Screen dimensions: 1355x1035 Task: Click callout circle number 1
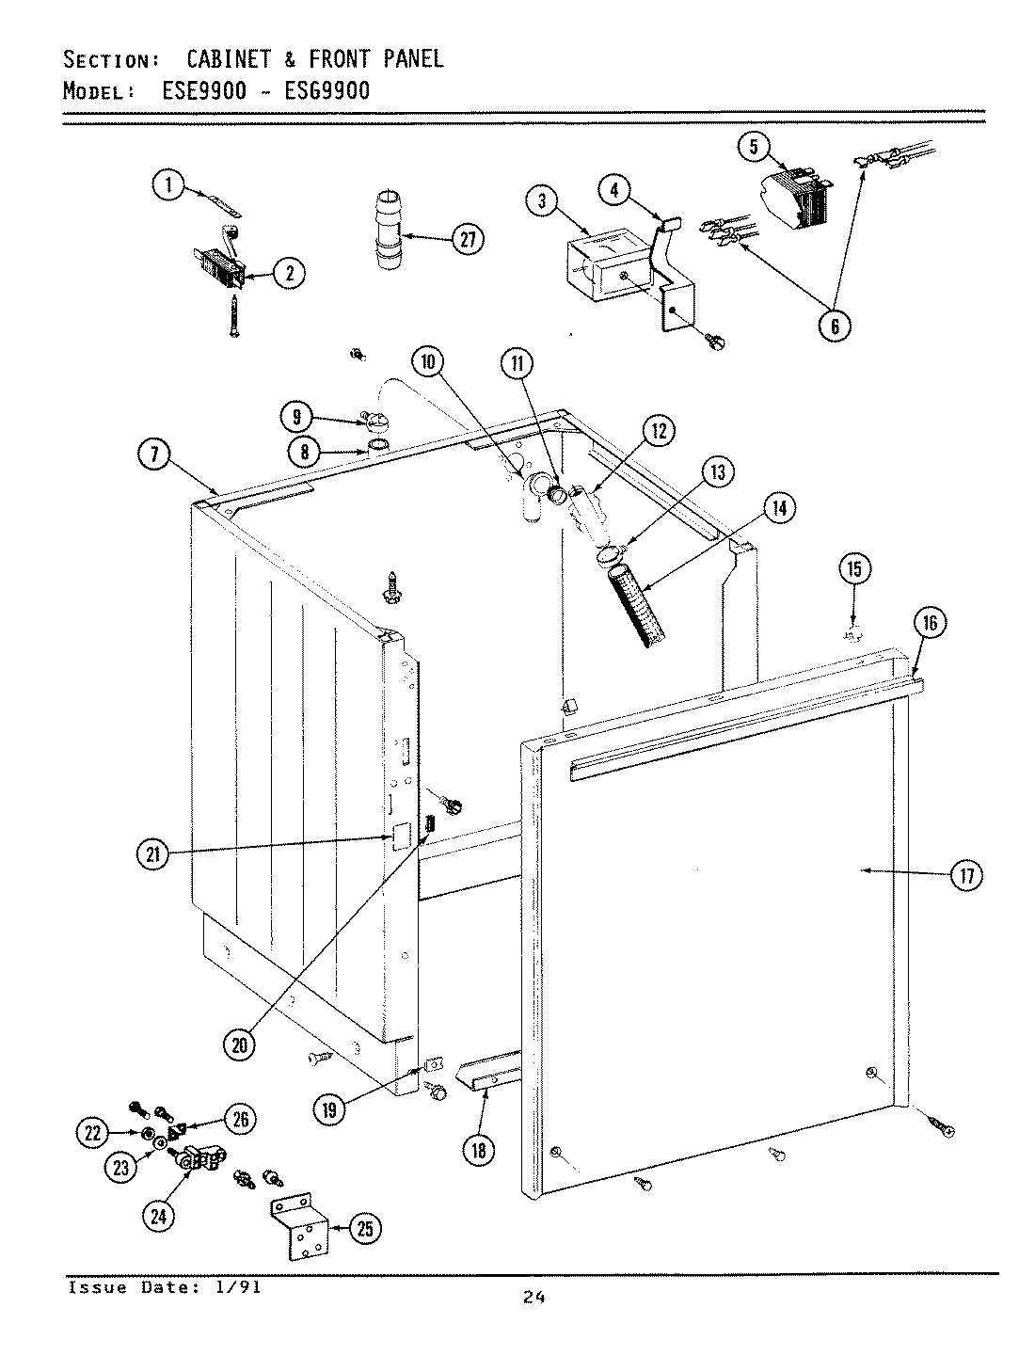(169, 186)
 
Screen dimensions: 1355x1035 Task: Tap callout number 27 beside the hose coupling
(466, 240)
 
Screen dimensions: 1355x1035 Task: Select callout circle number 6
(834, 325)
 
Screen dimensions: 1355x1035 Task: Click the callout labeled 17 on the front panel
(965, 875)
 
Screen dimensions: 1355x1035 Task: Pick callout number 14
(780, 509)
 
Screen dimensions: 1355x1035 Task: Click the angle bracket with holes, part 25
(301, 1228)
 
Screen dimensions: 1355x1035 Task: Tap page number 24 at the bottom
(534, 1298)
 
